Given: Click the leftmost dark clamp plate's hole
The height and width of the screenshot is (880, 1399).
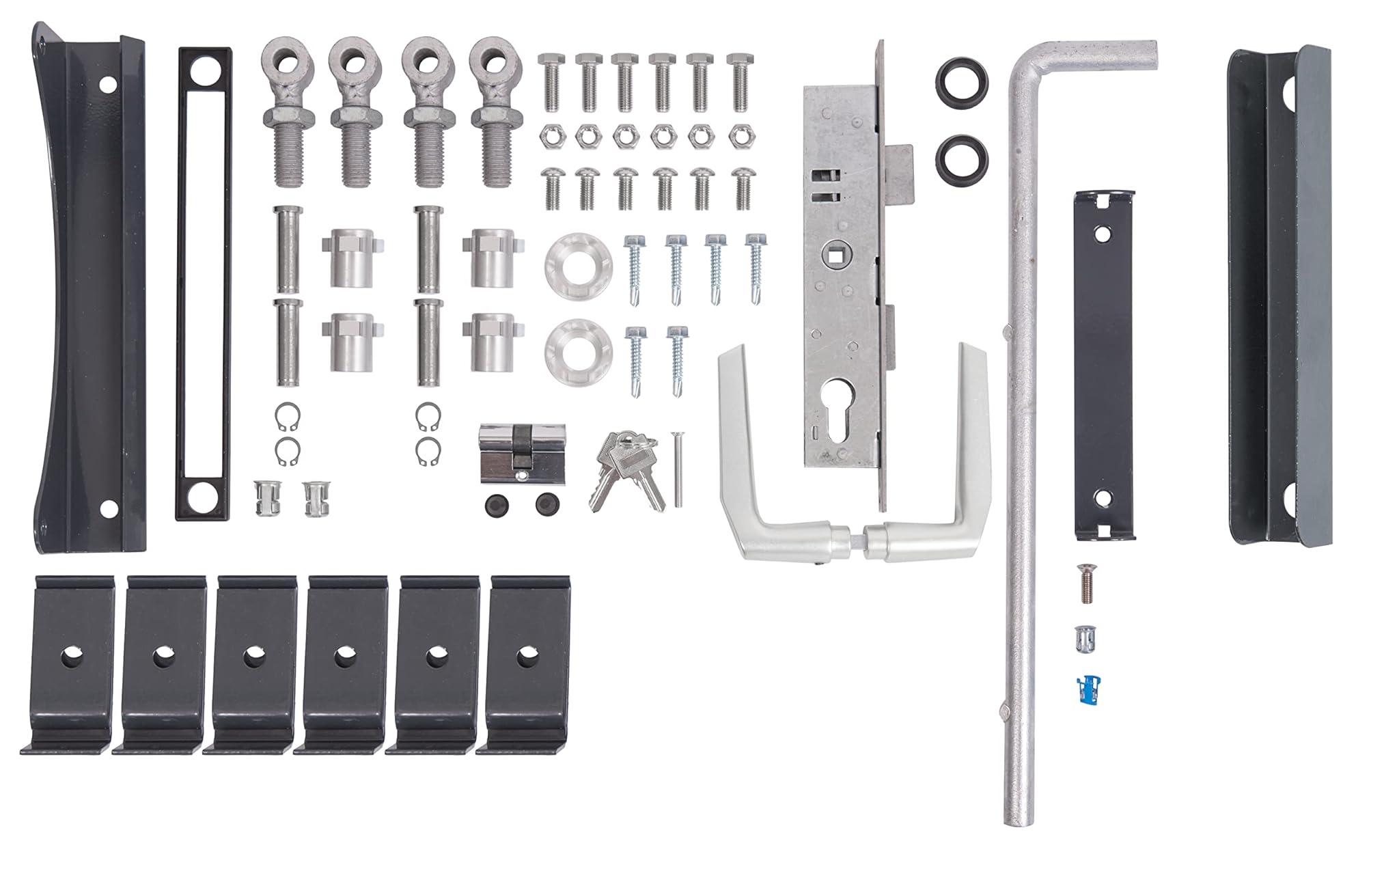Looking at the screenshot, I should click(x=71, y=658).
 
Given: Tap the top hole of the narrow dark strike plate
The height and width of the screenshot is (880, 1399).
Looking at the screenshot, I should click(x=1101, y=234).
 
